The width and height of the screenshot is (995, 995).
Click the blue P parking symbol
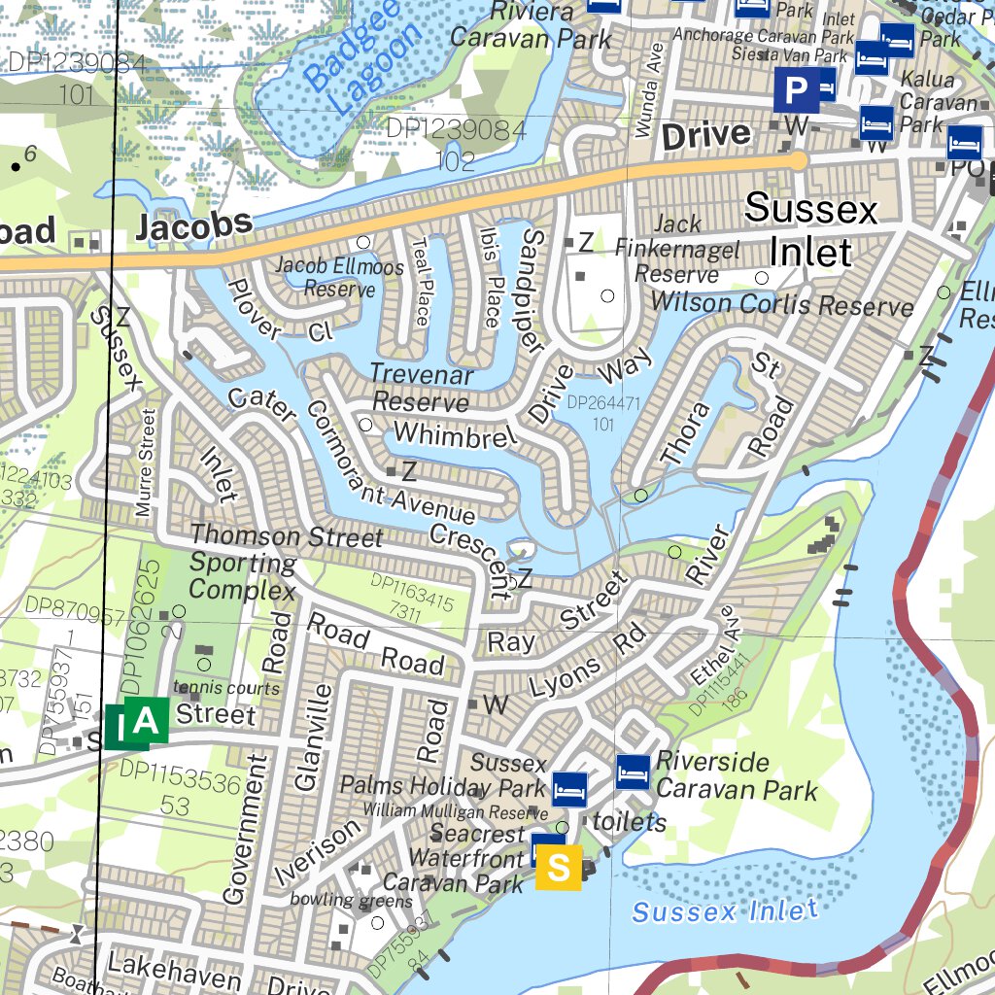[796, 91]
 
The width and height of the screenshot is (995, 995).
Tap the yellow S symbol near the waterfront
[559, 867]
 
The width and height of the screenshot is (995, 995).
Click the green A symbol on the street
[146, 721]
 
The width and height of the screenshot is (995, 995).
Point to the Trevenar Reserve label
[422, 388]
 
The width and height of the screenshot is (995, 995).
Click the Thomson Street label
[287, 535]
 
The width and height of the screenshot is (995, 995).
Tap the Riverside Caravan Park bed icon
[633, 772]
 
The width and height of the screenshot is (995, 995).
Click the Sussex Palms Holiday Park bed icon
[569, 789]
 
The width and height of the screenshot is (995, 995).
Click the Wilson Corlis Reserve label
[782, 304]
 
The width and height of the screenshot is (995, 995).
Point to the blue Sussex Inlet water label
[724, 911]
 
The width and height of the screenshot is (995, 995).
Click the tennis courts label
[226, 688]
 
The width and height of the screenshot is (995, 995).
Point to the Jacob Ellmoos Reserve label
[325, 276]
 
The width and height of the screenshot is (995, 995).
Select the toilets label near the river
[630, 823]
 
